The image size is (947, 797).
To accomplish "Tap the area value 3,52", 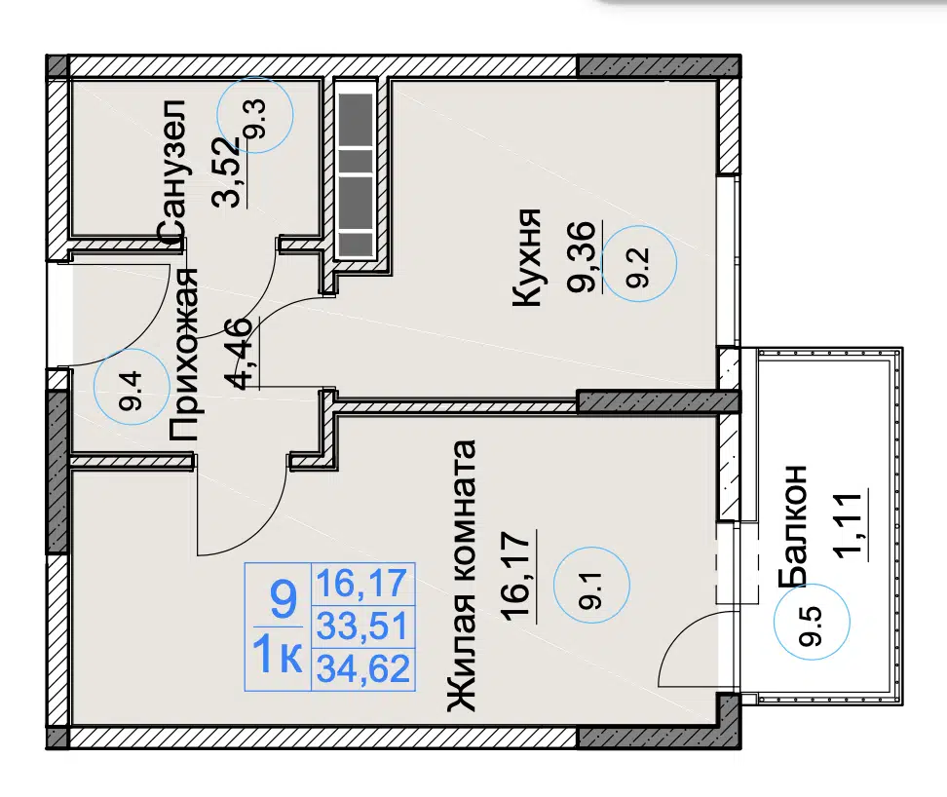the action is (229, 172).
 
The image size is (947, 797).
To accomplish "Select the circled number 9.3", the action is (255, 115).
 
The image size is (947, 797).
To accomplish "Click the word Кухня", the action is (525, 257).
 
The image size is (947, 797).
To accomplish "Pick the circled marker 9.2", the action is (639, 263).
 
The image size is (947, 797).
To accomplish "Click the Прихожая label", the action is (183, 355).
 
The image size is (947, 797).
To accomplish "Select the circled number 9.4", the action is (133, 387).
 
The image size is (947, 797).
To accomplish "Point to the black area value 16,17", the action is (518, 574).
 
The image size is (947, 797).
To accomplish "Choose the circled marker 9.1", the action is (592, 585).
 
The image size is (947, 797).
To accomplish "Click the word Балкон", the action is (793, 525).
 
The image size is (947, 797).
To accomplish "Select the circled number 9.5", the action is (813, 621).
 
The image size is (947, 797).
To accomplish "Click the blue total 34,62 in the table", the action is (363, 669).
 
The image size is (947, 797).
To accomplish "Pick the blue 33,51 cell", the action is (363, 626).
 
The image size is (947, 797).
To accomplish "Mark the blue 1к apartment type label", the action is (278, 656).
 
